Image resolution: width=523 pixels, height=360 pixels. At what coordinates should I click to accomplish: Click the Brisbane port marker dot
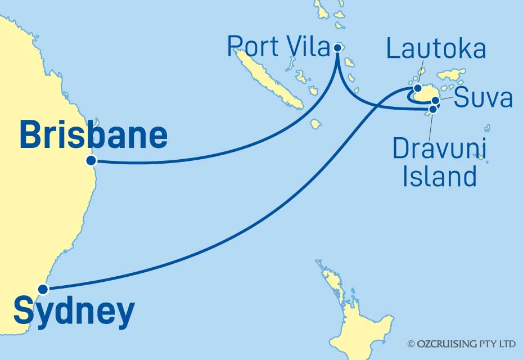91,160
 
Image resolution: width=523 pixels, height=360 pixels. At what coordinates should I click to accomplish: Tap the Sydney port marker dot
43,290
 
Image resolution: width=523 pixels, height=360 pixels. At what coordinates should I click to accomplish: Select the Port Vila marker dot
337,48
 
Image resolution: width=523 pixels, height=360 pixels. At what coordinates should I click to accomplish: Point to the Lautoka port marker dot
417,88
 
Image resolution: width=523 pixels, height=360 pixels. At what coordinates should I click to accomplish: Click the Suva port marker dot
435,101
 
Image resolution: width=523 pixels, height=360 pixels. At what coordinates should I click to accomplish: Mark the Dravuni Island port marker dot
432,109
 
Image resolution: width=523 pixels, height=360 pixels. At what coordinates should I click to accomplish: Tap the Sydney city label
74,312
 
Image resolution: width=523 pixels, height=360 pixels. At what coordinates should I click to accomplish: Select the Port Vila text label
278,47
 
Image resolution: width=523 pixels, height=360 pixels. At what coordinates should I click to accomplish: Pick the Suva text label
483,98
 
